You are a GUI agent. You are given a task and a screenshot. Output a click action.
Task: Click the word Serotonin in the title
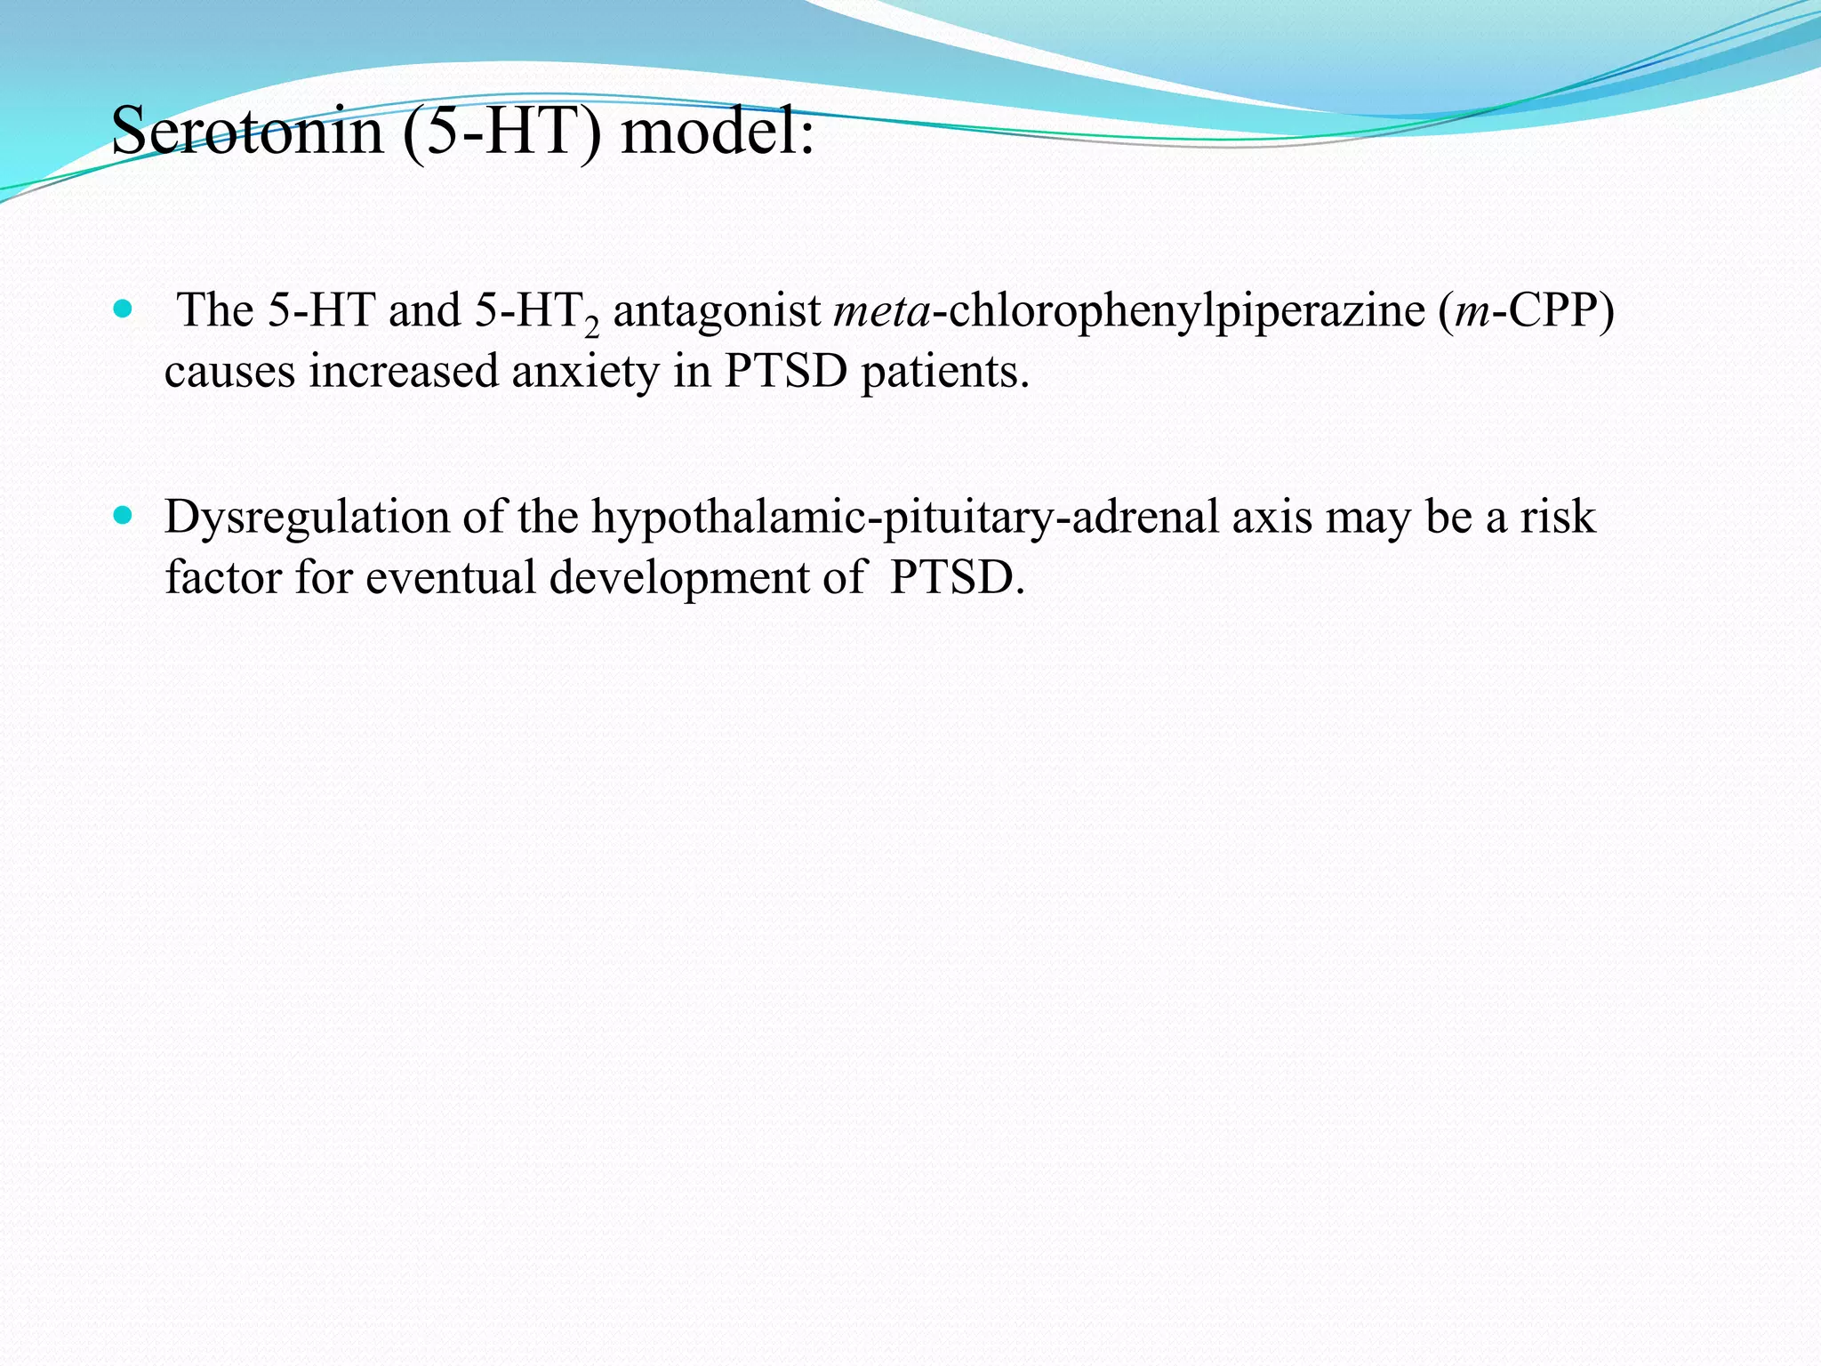(x=246, y=132)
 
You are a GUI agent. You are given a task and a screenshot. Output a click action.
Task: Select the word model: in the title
(x=717, y=132)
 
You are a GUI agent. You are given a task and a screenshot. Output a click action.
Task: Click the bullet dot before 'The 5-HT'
(x=123, y=309)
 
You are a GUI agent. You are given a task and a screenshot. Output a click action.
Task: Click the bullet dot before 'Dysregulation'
(x=123, y=515)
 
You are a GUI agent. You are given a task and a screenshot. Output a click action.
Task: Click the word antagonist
(x=717, y=311)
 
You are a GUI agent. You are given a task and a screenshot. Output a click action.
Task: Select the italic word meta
(x=881, y=311)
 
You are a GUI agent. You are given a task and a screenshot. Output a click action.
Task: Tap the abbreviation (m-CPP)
(x=1526, y=311)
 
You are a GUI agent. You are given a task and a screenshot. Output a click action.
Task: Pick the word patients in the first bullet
(x=944, y=372)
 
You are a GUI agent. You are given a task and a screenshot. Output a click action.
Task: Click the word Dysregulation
(x=307, y=518)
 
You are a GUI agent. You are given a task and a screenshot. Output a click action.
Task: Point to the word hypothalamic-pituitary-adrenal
(x=904, y=518)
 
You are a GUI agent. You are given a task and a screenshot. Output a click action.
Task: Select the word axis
(x=1271, y=518)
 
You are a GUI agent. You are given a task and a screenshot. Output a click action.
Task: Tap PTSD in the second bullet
(x=957, y=578)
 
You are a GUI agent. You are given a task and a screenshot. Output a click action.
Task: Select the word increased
(x=404, y=372)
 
